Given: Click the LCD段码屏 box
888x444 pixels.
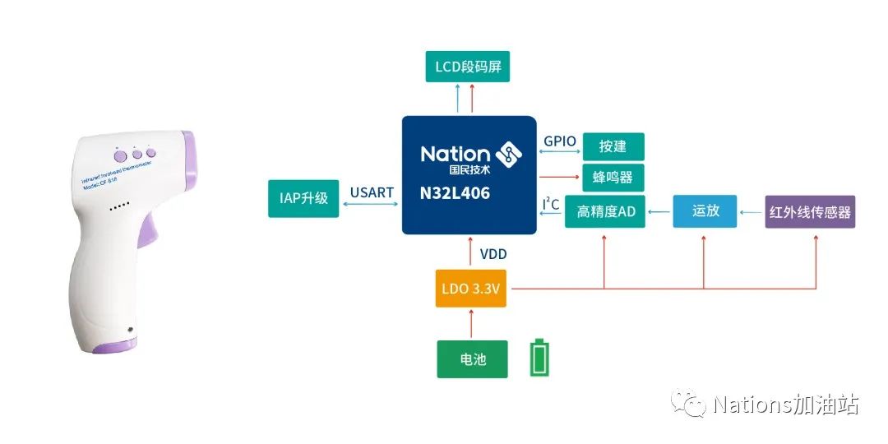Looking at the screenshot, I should pyautogui.click(x=468, y=67).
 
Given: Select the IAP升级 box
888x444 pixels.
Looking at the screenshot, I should pyautogui.click(x=303, y=198).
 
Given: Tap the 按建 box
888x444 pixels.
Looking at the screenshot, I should pyautogui.click(x=613, y=146).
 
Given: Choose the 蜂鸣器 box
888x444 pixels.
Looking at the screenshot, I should pyautogui.click(x=613, y=178).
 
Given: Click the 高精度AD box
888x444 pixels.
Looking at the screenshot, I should pyautogui.click(x=606, y=211).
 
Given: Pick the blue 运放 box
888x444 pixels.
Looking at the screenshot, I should pyautogui.click(x=705, y=210).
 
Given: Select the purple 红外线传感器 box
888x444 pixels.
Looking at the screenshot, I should pyautogui.click(x=810, y=211).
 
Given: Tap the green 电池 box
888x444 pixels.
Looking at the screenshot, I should pyautogui.click(x=472, y=359).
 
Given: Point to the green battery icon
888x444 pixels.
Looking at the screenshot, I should pyautogui.click(x=539, y=358).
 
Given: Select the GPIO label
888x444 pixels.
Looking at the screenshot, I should pyautogui.click(x=560, y=141).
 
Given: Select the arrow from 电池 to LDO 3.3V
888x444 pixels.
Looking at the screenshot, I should pyautogui.click(x=471, y=322).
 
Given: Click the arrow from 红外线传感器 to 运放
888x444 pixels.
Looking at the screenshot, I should pyautogui.click(x=751, y=212).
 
